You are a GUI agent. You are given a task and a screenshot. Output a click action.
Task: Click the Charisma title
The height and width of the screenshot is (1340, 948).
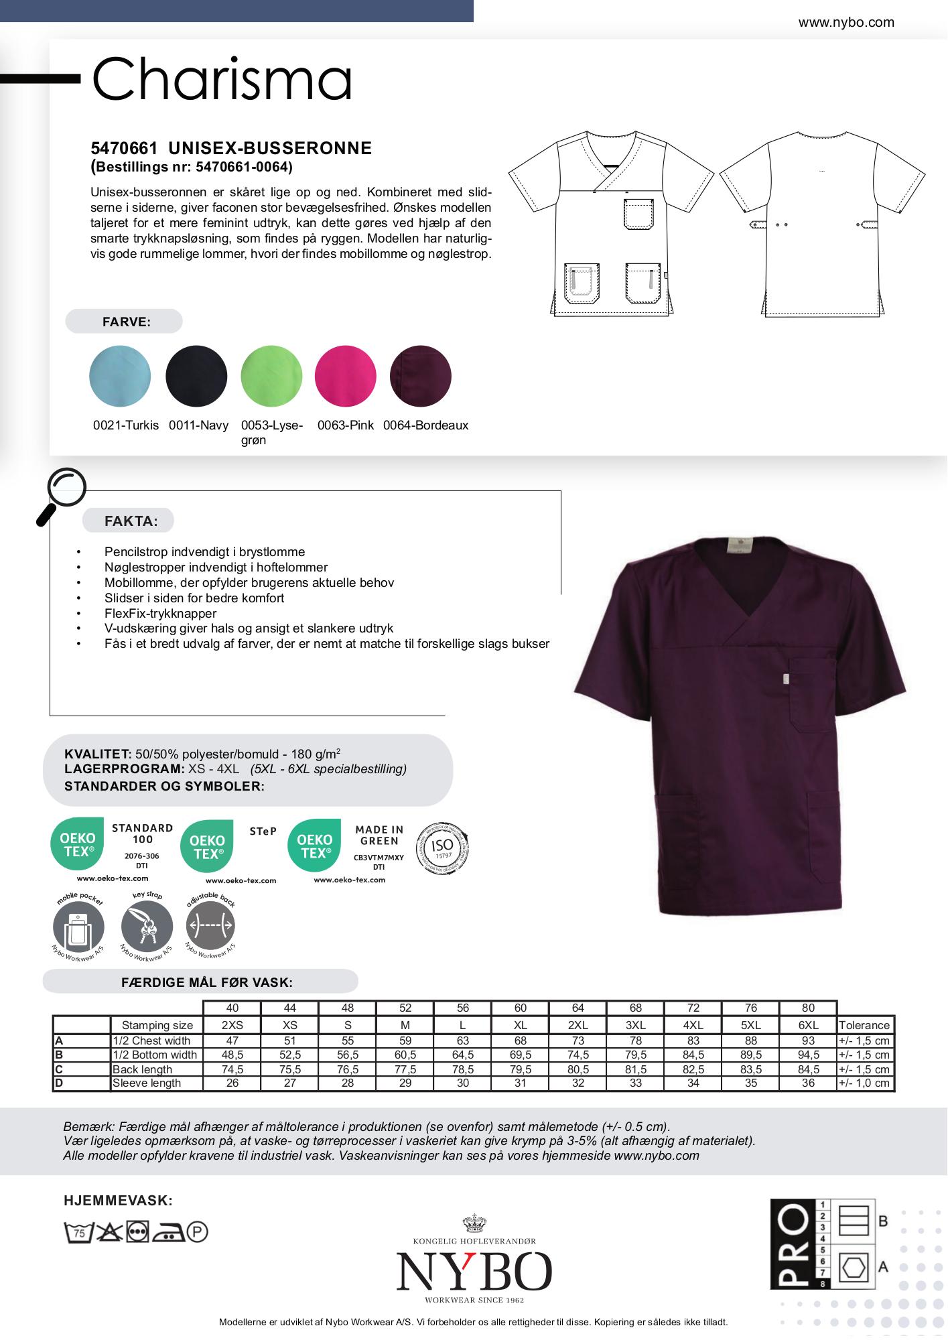[x=222, y=79]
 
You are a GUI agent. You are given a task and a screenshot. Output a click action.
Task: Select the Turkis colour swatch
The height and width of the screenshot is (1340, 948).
[x=120, y=376]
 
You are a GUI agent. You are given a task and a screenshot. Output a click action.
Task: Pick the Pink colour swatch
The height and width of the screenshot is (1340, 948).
[x=345, y=376]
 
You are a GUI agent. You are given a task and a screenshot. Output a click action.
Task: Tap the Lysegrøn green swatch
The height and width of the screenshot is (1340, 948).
[x=271, y=376]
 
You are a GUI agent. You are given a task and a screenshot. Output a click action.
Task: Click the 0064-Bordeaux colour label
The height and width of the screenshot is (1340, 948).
[x=425, y=425]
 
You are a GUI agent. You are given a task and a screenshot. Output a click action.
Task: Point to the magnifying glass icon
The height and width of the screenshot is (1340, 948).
[x=62, y=494]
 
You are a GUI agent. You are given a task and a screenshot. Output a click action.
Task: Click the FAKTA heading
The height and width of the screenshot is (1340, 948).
[x=131, y=521]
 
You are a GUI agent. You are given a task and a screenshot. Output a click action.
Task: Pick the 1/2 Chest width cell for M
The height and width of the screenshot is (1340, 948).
[x=405, y=1041]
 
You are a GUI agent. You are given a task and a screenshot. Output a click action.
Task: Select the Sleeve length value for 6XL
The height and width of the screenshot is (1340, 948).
[x=808, y=1083]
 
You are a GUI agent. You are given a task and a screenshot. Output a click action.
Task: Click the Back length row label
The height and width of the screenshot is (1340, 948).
[x=142, y=1069]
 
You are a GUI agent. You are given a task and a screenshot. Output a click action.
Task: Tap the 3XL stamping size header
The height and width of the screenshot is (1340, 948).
[x=636, y=1025]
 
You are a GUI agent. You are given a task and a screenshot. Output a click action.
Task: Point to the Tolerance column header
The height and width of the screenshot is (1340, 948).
[x=864, y=1025]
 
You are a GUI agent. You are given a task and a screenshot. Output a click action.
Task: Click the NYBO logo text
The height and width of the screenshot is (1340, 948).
[x=474, y=1272]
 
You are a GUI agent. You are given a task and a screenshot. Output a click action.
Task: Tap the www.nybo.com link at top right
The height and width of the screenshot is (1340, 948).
[x=845, y=22]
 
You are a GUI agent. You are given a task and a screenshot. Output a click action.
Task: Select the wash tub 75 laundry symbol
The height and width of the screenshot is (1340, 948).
[x=78, y=1232]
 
